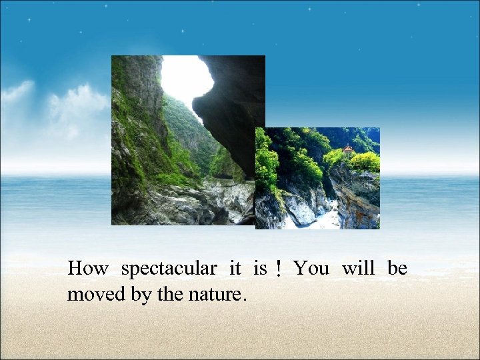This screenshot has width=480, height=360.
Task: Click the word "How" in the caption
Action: pyautogui.click(x=87, y=269)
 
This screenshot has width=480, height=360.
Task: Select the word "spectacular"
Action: pyautogui.click(x=169, y=269)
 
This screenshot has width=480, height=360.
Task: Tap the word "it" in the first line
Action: pyautogui.click(x=235, y=269)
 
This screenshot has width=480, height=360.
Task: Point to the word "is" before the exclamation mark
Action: pyautogui.click(x=259, y=269)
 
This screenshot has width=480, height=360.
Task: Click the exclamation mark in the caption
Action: pyautogui.click(x=279, y=269)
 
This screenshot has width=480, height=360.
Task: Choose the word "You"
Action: pyautogui.click(x=311, y=269)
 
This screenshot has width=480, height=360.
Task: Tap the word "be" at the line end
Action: pyautogui.click(x=397, y=269)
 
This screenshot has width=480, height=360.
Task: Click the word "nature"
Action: pyautogui.click(x=213, y=295)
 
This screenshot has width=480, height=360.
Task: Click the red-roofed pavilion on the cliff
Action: pyautogui.click(x=348, y=149)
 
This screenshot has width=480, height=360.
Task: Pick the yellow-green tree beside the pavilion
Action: pyautogui.click(x=365, y=161)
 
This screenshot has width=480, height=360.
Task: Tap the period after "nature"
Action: pyautogui.click(x=245, y=299)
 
